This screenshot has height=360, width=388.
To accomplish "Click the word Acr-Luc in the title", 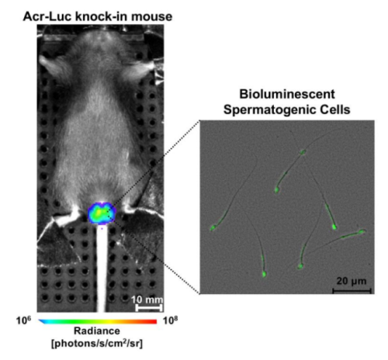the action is tap(47, 16).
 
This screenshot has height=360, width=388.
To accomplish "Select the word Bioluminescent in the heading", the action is tap(287, 94).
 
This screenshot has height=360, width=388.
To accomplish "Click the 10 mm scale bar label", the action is tap(147, 299).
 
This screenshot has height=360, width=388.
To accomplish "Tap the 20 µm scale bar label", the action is tap(352, 281).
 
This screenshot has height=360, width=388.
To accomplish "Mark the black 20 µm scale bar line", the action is tap(352, 291).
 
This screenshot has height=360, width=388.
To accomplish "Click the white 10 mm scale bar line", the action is tap(149, 308).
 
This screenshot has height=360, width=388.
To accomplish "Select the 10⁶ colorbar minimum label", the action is tap(23, 320).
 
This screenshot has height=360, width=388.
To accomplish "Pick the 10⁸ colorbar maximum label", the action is tap(171, 320).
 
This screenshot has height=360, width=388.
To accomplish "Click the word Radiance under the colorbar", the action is tap(97, 331).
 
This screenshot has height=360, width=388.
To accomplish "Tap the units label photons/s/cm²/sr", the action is tap(97, 343).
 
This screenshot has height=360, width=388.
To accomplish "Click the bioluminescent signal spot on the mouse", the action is tap(102, 213).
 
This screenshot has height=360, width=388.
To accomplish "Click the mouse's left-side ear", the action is tap(52, 67).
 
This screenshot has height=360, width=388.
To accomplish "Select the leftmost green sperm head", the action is tap(213, 228).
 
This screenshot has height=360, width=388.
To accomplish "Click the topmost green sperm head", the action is tap(302, 152).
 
